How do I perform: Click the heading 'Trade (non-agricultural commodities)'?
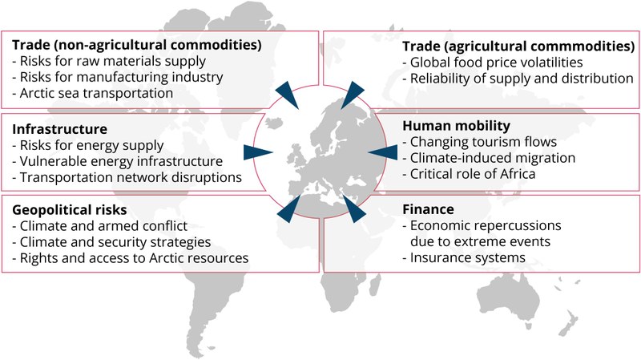click(x=136, y=45)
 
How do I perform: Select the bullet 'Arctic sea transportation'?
click(x=92, y=93)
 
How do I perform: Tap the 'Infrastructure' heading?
click(x=59, y=129)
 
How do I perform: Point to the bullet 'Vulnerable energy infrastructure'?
click(x=117, y=161)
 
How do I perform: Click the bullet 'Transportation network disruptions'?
click(x=127, y=177)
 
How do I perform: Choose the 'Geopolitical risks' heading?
click(x=70, y=210)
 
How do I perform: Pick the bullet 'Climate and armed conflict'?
click(x=99, y=226)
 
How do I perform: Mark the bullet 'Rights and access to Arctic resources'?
click(x=130, y=258)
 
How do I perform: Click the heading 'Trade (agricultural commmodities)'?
click(x=518, y=47)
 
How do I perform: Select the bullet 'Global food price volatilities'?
click(x=493, y=63)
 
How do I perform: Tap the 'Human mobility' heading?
click(x=456, y=126)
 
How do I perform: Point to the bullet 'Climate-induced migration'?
click(x=489, y=158)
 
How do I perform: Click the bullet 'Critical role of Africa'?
click(x=469, y=174)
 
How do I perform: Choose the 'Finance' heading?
click(x=428, y=209)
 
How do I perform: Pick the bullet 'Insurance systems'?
click(x=464, y=257)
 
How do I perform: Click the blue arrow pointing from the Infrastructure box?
click(x=258, y=152)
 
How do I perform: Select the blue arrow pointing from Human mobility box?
click(x=383, y=152)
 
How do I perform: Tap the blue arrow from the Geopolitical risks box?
click(x=288, y=208)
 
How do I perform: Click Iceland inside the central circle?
click(x=274, y=123)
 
